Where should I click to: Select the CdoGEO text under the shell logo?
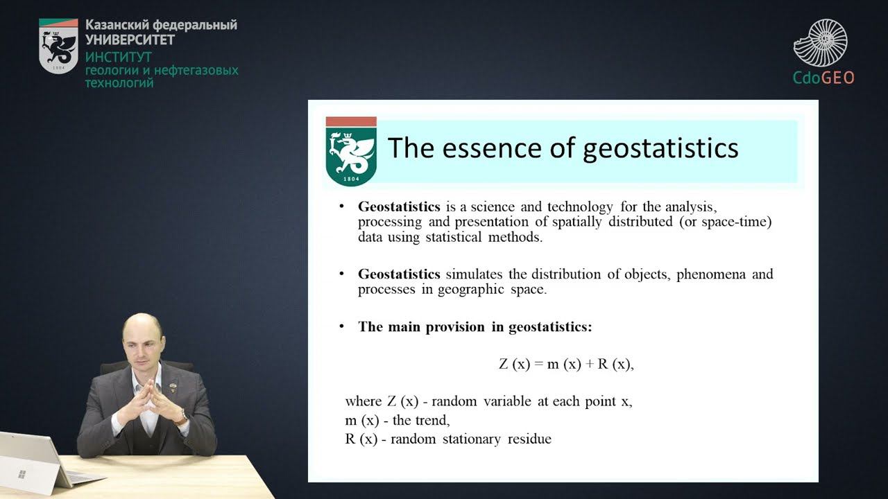click(823, 77)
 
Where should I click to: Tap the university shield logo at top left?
click(58, 46)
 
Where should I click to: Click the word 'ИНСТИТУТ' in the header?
click(118, 58)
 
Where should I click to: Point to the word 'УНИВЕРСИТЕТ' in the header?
click(130, 40)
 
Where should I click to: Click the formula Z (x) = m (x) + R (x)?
click(566, 365)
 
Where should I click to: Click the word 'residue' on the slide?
click(529, 439)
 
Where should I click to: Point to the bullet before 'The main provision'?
click(341, 326)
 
